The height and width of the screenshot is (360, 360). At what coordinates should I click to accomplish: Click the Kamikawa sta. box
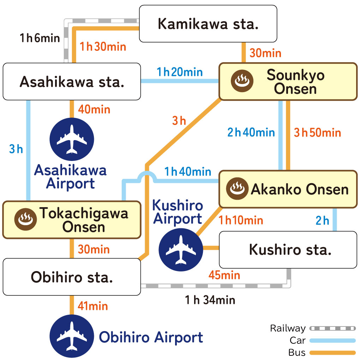208,24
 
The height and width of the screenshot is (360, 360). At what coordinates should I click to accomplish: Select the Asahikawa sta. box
72,82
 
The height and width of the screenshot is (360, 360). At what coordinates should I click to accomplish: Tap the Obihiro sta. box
72,277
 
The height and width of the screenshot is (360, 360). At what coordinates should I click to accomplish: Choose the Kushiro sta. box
288,250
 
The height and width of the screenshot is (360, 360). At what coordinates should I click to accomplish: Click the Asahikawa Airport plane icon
72,139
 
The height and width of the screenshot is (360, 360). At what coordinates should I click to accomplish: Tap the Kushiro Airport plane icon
181,250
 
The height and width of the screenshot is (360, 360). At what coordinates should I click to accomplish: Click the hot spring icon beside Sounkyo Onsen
242,81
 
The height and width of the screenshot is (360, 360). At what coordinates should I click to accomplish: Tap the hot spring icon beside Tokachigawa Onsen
25,220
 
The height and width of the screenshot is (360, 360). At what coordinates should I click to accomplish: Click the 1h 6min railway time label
40,38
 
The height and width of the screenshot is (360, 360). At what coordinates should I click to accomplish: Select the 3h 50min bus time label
317,133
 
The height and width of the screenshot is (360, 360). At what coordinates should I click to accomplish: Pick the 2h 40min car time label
251,133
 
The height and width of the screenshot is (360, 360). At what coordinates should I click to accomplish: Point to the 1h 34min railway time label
210,300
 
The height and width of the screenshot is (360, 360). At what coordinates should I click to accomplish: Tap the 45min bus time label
224,275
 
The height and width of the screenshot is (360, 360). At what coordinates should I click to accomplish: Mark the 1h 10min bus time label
241,221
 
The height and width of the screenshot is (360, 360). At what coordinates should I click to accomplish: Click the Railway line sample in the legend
332,329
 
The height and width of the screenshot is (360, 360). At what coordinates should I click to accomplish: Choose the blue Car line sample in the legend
332,341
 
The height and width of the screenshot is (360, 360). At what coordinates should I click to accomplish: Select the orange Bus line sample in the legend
332,352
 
